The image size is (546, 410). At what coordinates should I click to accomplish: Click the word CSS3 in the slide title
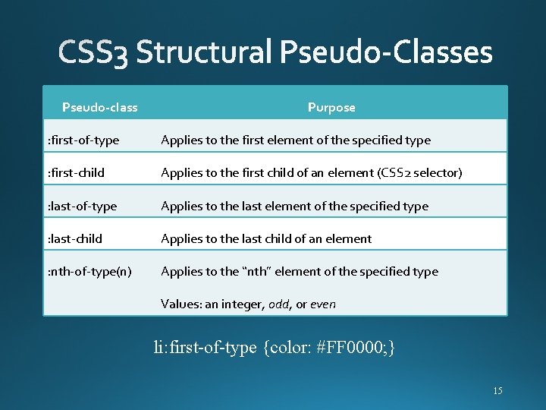(x=93, y=54)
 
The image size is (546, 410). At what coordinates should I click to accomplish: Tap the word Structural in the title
(x=204, y=53)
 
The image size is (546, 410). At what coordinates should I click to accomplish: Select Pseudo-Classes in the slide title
(x=387, y=53)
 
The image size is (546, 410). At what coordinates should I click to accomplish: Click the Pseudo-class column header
(x=99, y=108)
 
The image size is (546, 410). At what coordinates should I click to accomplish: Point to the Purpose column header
(x=331, y=108)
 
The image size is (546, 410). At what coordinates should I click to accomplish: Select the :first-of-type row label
(x=83, y=140)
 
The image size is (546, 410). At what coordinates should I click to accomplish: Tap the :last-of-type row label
(x=82, y=207)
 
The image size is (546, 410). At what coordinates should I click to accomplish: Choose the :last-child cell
(x=74, y=239)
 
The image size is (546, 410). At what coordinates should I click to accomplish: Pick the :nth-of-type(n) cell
(x=89, y=272)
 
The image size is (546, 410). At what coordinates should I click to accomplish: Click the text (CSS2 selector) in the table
(x=419, y=173)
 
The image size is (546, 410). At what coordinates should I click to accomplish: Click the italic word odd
(x=278, y=304)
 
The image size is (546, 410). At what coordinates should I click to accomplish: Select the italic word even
(x=323, y=304)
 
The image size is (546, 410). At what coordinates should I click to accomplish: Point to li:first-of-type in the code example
(x=205, y=348)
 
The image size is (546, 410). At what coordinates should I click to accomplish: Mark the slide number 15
(x=497, y=391)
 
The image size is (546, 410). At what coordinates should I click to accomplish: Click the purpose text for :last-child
(x=266, y=239)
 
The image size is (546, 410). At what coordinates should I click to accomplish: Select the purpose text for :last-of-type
(x=294, y=207)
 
